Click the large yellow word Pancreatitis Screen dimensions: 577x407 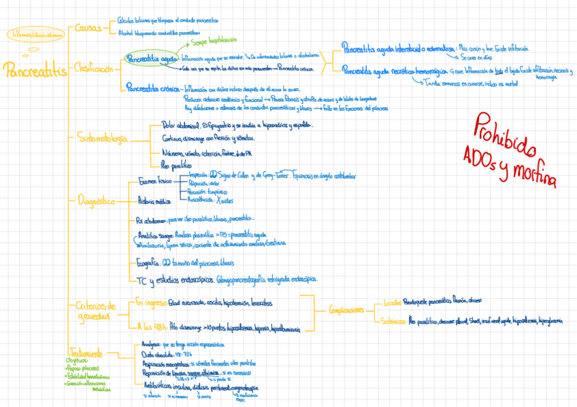(35, 69)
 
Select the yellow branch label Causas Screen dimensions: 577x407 (88, 29)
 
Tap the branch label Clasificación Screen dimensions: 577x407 (94, 68)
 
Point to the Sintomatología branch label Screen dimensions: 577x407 (101, 138)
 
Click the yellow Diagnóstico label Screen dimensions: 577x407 (96, 201)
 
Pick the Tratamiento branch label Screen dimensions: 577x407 (85, 353)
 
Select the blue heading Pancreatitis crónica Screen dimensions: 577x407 (153, 88)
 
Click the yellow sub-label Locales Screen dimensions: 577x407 (392, 302)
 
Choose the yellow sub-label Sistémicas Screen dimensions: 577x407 (394, 321)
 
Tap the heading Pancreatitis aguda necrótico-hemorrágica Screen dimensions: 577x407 (394, 71)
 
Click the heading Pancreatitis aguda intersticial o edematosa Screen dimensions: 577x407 (399, 50)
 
